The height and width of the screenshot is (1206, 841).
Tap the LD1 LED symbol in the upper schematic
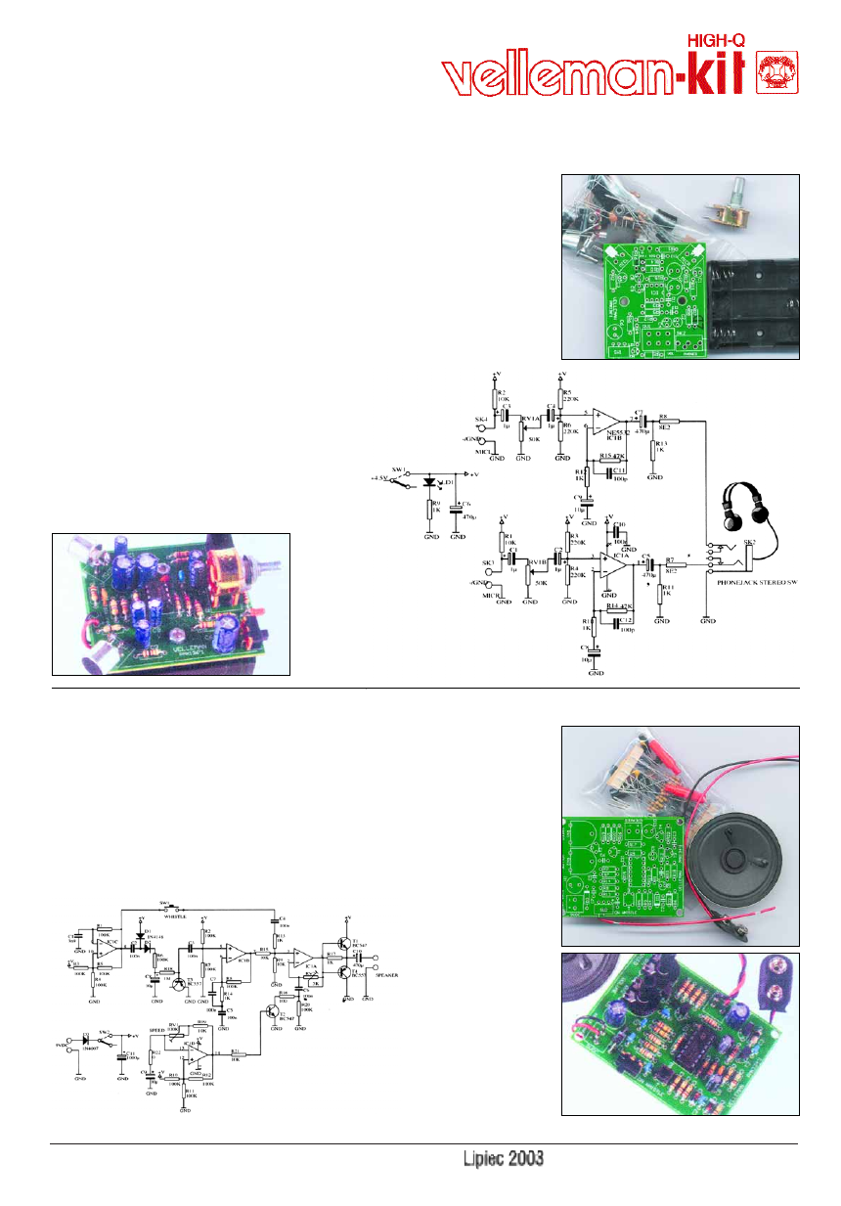point(431,482)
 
